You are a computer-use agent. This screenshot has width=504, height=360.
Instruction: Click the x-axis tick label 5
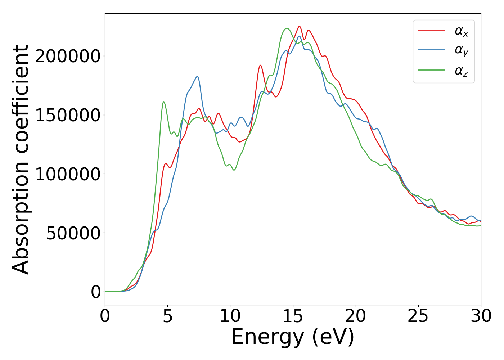(168, 316)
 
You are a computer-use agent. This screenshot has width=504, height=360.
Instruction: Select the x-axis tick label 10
(230, 316)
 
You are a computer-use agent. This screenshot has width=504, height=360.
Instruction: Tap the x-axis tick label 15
(293, 316)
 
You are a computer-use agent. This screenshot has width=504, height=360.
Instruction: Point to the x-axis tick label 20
(356, 316)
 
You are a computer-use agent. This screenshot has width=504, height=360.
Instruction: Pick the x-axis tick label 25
(418, 316)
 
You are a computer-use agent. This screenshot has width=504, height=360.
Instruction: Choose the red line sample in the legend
(431, 31)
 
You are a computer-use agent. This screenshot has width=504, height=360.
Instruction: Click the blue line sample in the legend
(431, 50)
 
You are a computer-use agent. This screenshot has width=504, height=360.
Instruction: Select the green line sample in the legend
(431, 70)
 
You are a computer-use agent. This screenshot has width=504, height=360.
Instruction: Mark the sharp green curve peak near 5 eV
(164, 102)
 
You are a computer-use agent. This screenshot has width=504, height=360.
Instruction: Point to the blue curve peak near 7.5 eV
(197, 77)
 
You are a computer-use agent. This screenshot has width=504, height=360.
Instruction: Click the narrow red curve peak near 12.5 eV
(260, 66)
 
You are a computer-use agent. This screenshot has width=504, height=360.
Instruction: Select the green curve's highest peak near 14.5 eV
(287, 28)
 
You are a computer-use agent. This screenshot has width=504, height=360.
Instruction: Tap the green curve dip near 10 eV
(234, 170)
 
